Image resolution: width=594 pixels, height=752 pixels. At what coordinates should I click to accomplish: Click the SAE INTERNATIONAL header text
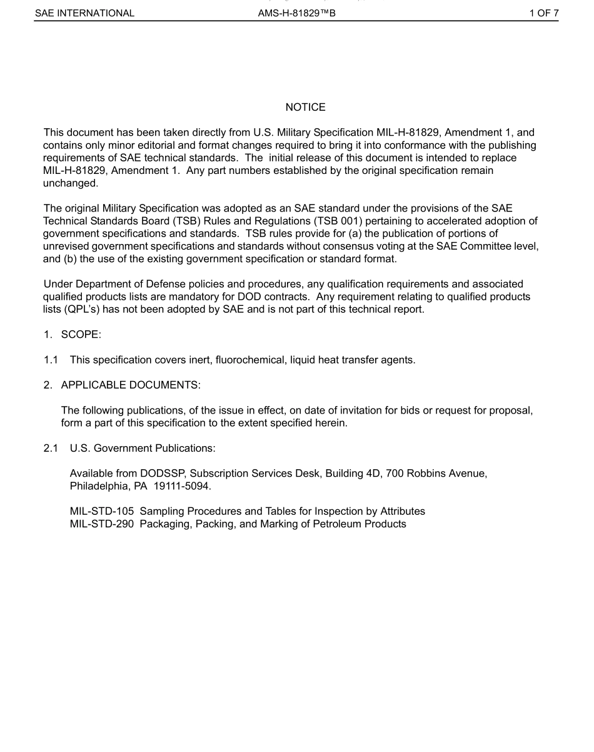point(84,13)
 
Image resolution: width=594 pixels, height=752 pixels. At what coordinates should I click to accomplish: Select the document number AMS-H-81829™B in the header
point(296,13)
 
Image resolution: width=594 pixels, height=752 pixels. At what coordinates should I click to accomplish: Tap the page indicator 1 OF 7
point(543,13)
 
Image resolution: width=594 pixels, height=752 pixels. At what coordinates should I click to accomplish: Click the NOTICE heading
point(305,108)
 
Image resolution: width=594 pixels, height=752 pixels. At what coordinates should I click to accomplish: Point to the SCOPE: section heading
point(81,335)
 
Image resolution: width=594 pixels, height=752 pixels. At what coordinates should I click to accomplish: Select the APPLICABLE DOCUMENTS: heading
point(130,385)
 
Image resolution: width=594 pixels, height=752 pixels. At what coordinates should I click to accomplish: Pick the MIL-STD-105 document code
point(101,512)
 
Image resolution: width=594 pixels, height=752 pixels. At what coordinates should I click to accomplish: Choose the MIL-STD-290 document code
point(101,524)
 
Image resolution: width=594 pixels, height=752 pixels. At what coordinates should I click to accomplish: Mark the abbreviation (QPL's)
point(64,309)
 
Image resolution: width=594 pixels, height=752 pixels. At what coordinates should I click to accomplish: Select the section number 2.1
point(51,449)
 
